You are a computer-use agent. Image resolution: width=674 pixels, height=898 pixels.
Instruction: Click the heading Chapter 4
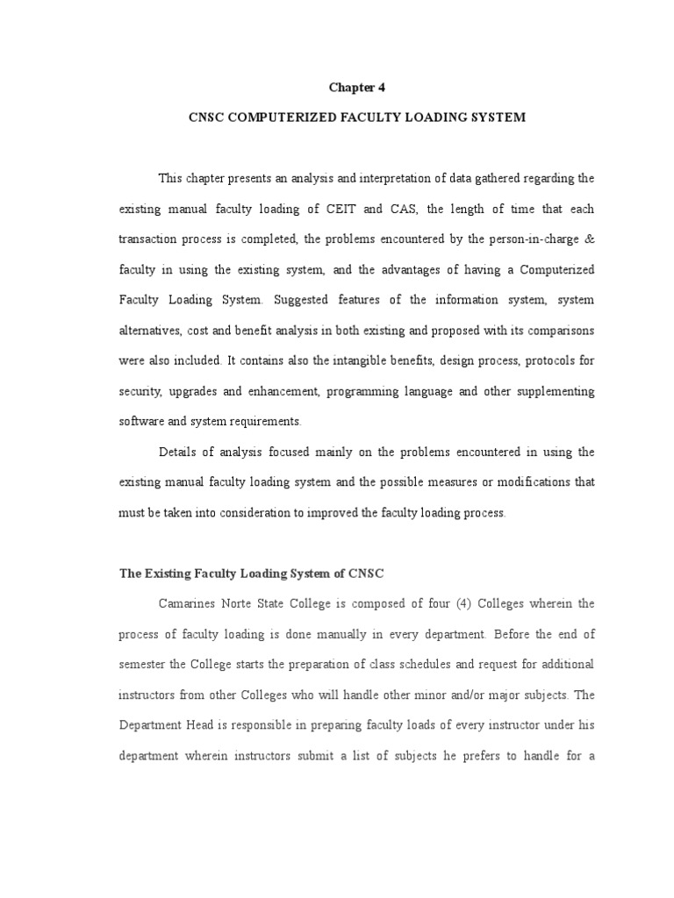point(356,87)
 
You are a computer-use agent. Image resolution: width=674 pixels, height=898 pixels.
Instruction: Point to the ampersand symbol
point(590,239)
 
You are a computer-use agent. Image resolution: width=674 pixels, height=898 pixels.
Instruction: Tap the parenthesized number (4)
point(464,603)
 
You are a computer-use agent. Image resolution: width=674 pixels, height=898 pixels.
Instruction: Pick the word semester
point(144,665)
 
